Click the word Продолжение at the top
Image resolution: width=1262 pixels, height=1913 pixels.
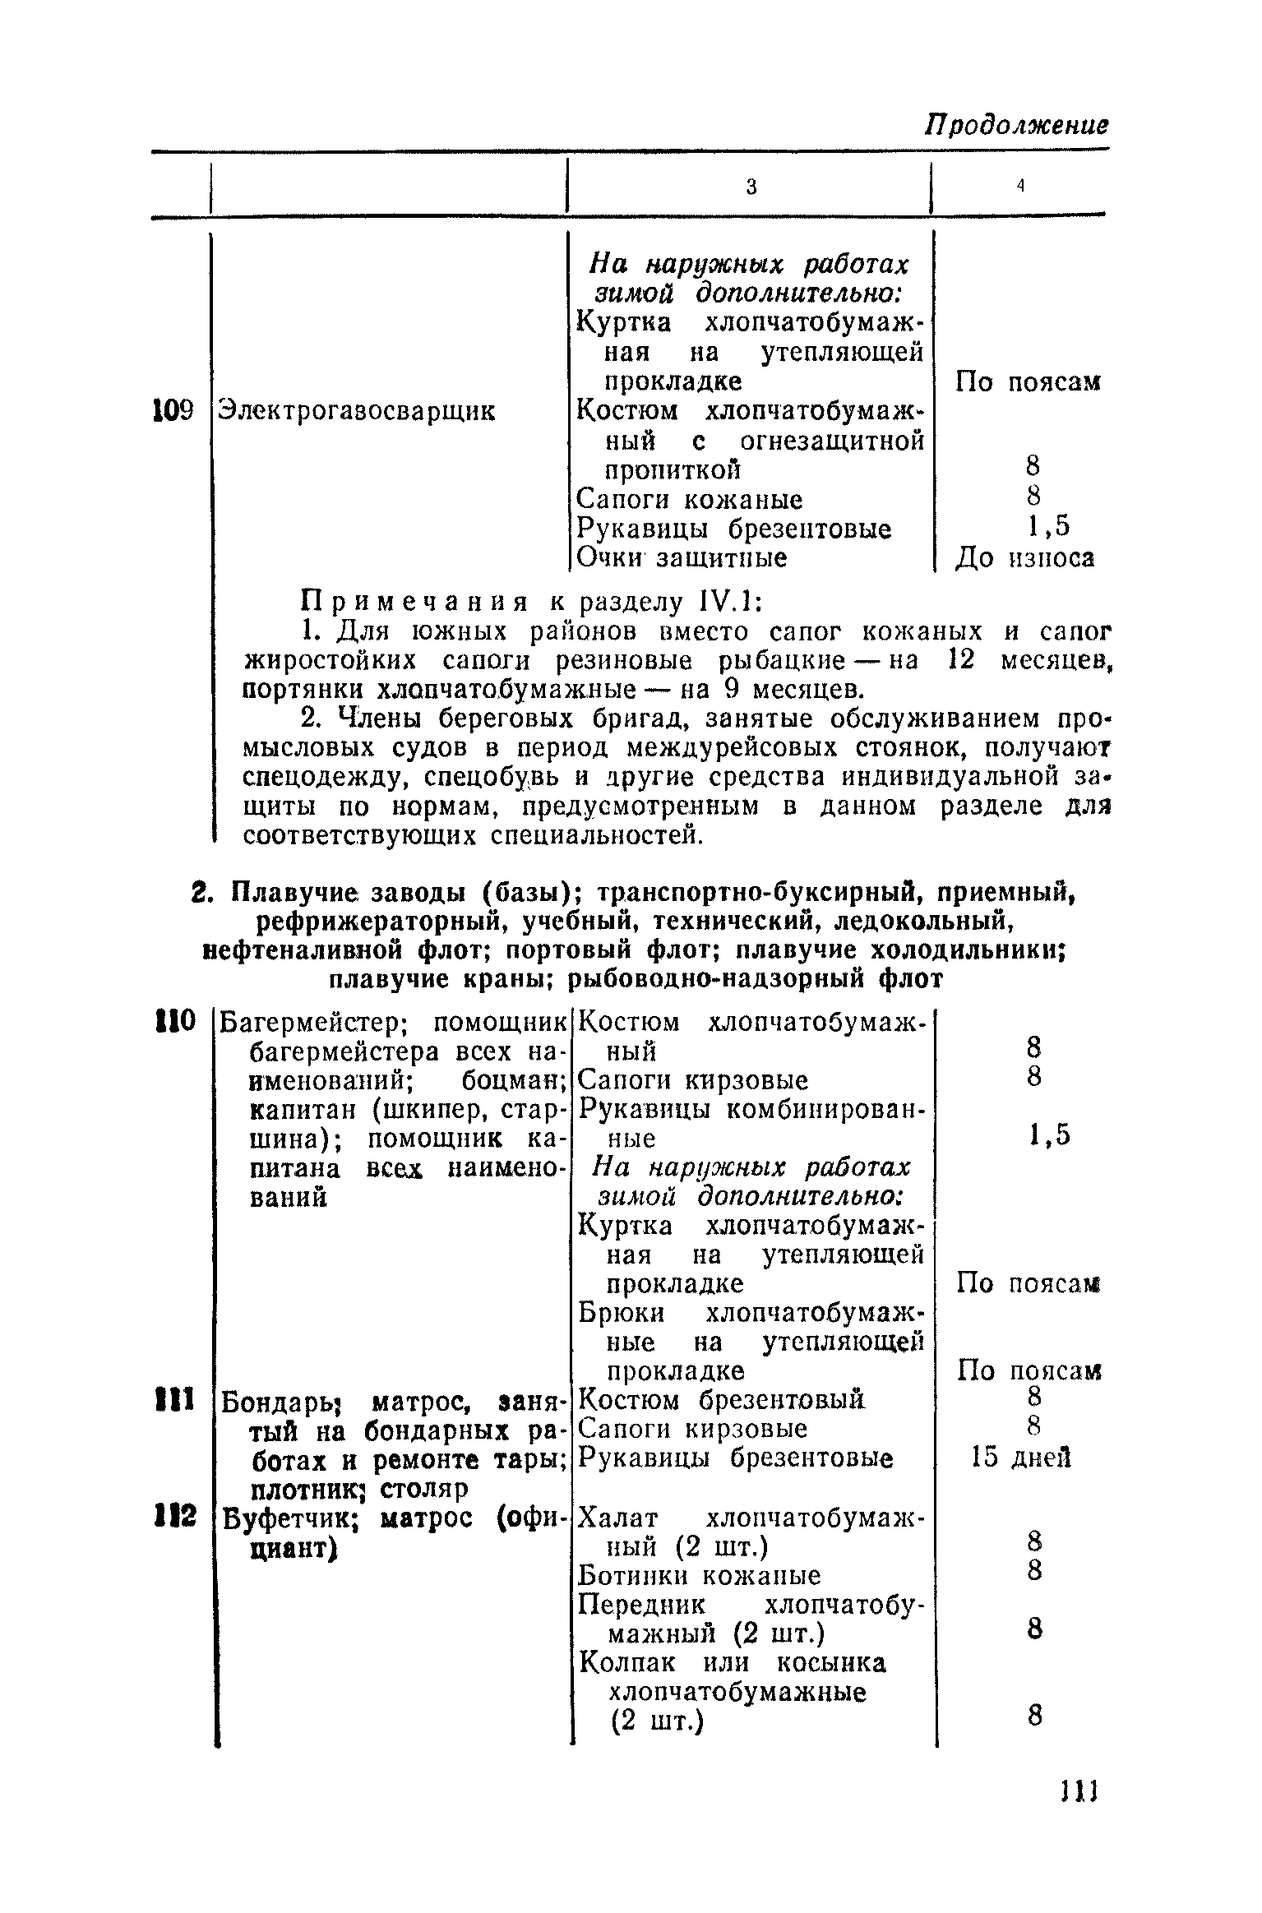[1016, 126]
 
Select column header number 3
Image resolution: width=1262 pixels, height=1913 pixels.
[751, 187]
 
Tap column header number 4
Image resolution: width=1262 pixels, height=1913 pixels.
[1019, 186]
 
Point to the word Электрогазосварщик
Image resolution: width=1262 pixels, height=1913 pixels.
[356, 411]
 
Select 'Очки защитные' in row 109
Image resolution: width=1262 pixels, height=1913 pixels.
[682, 558]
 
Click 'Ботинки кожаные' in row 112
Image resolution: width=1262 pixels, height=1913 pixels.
[700, 1576]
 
